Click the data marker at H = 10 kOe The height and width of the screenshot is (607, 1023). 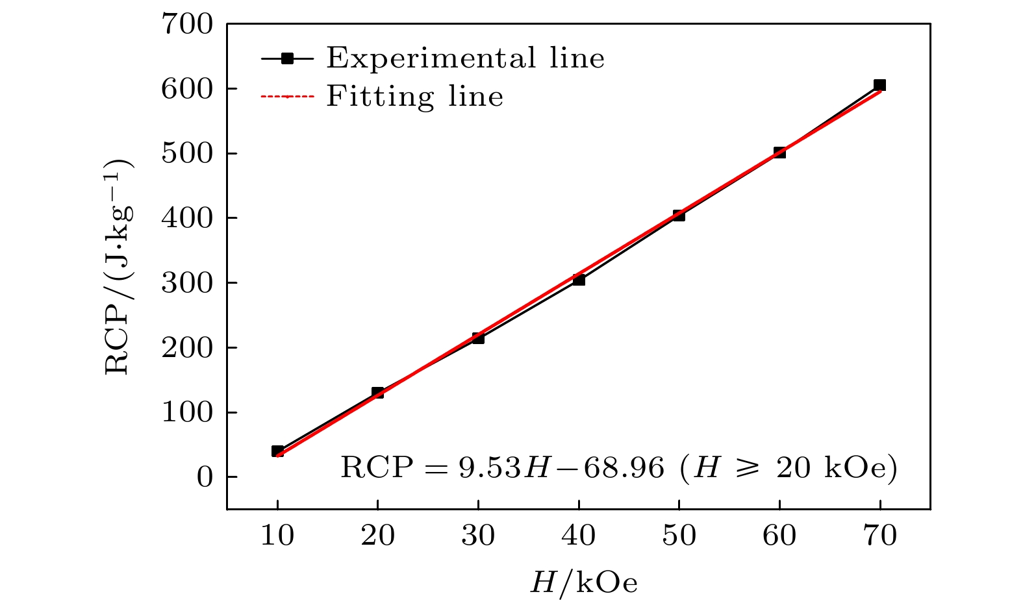pyautogui.click(x=277, y=451)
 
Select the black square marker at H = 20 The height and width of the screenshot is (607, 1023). pyautogui.click(x=377, y=393)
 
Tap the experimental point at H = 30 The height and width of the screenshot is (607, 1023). pyautogui.click(x=478, y=338)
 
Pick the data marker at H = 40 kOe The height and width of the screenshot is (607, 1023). pyautogui.click(x=579, y=280)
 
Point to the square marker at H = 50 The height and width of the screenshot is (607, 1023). pyautogui.click(x=679, y=215)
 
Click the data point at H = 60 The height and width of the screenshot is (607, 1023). pyautogui.click(x=779, y=153)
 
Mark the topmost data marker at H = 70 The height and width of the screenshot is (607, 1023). pyautogui.click(x=879, y=85)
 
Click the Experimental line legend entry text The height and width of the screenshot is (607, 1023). pyautogui.click(x=465, y=58)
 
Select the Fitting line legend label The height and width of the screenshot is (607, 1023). pyautogui.click(x=414, y=97)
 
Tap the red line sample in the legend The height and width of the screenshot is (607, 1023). pyautogui.click(x=287, y=97)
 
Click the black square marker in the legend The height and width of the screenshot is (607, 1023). pyautogui.click(x=287, y=58)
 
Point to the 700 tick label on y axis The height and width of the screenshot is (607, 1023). pyautogui.click(x=187, y=25)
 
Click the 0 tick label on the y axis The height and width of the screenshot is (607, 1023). pyautogui.click(x=204, y=477)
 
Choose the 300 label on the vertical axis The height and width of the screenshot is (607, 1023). pyautogui.click(x=187, y=283)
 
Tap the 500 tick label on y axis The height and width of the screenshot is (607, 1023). pyautogui.click(x=187, y=153)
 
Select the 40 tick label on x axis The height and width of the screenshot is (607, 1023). pyautogui.click(x=579, y=536)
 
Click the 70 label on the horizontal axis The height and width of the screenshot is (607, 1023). pyautogui.click(x=880, y=536)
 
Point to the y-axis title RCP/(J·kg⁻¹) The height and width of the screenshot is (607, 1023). pyautogui.click(x=120, y=266)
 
